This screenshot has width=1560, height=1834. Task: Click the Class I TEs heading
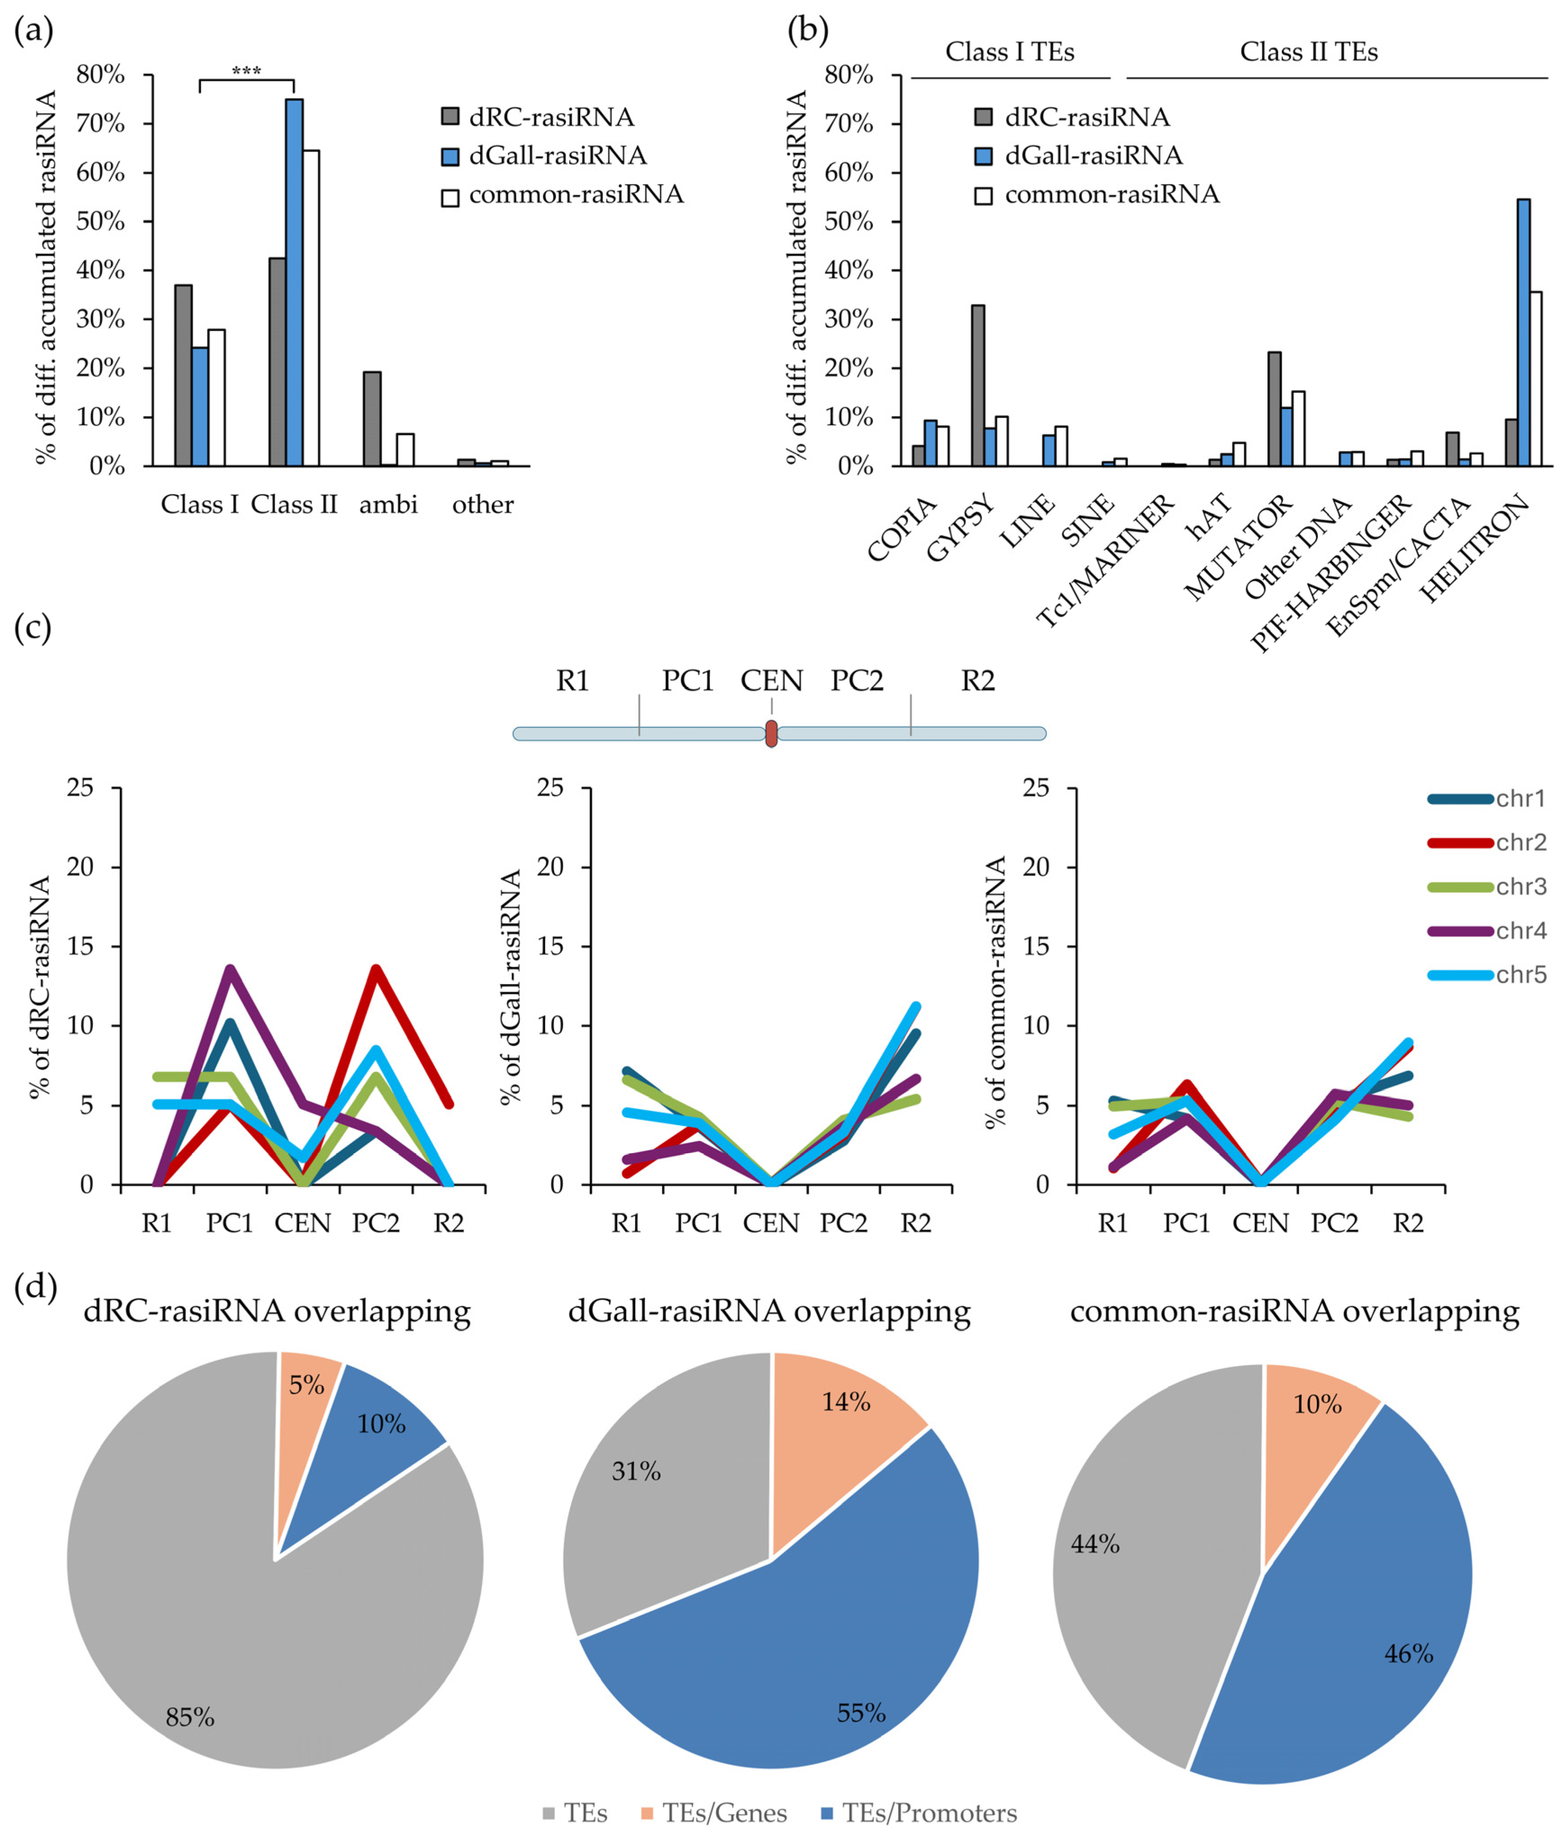tap(1010, 52)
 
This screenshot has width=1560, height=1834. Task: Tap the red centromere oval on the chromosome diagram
tap(771, 733)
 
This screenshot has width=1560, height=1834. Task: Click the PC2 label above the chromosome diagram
tap(857, 681)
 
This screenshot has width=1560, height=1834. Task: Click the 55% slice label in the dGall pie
tap(861, 1713)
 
